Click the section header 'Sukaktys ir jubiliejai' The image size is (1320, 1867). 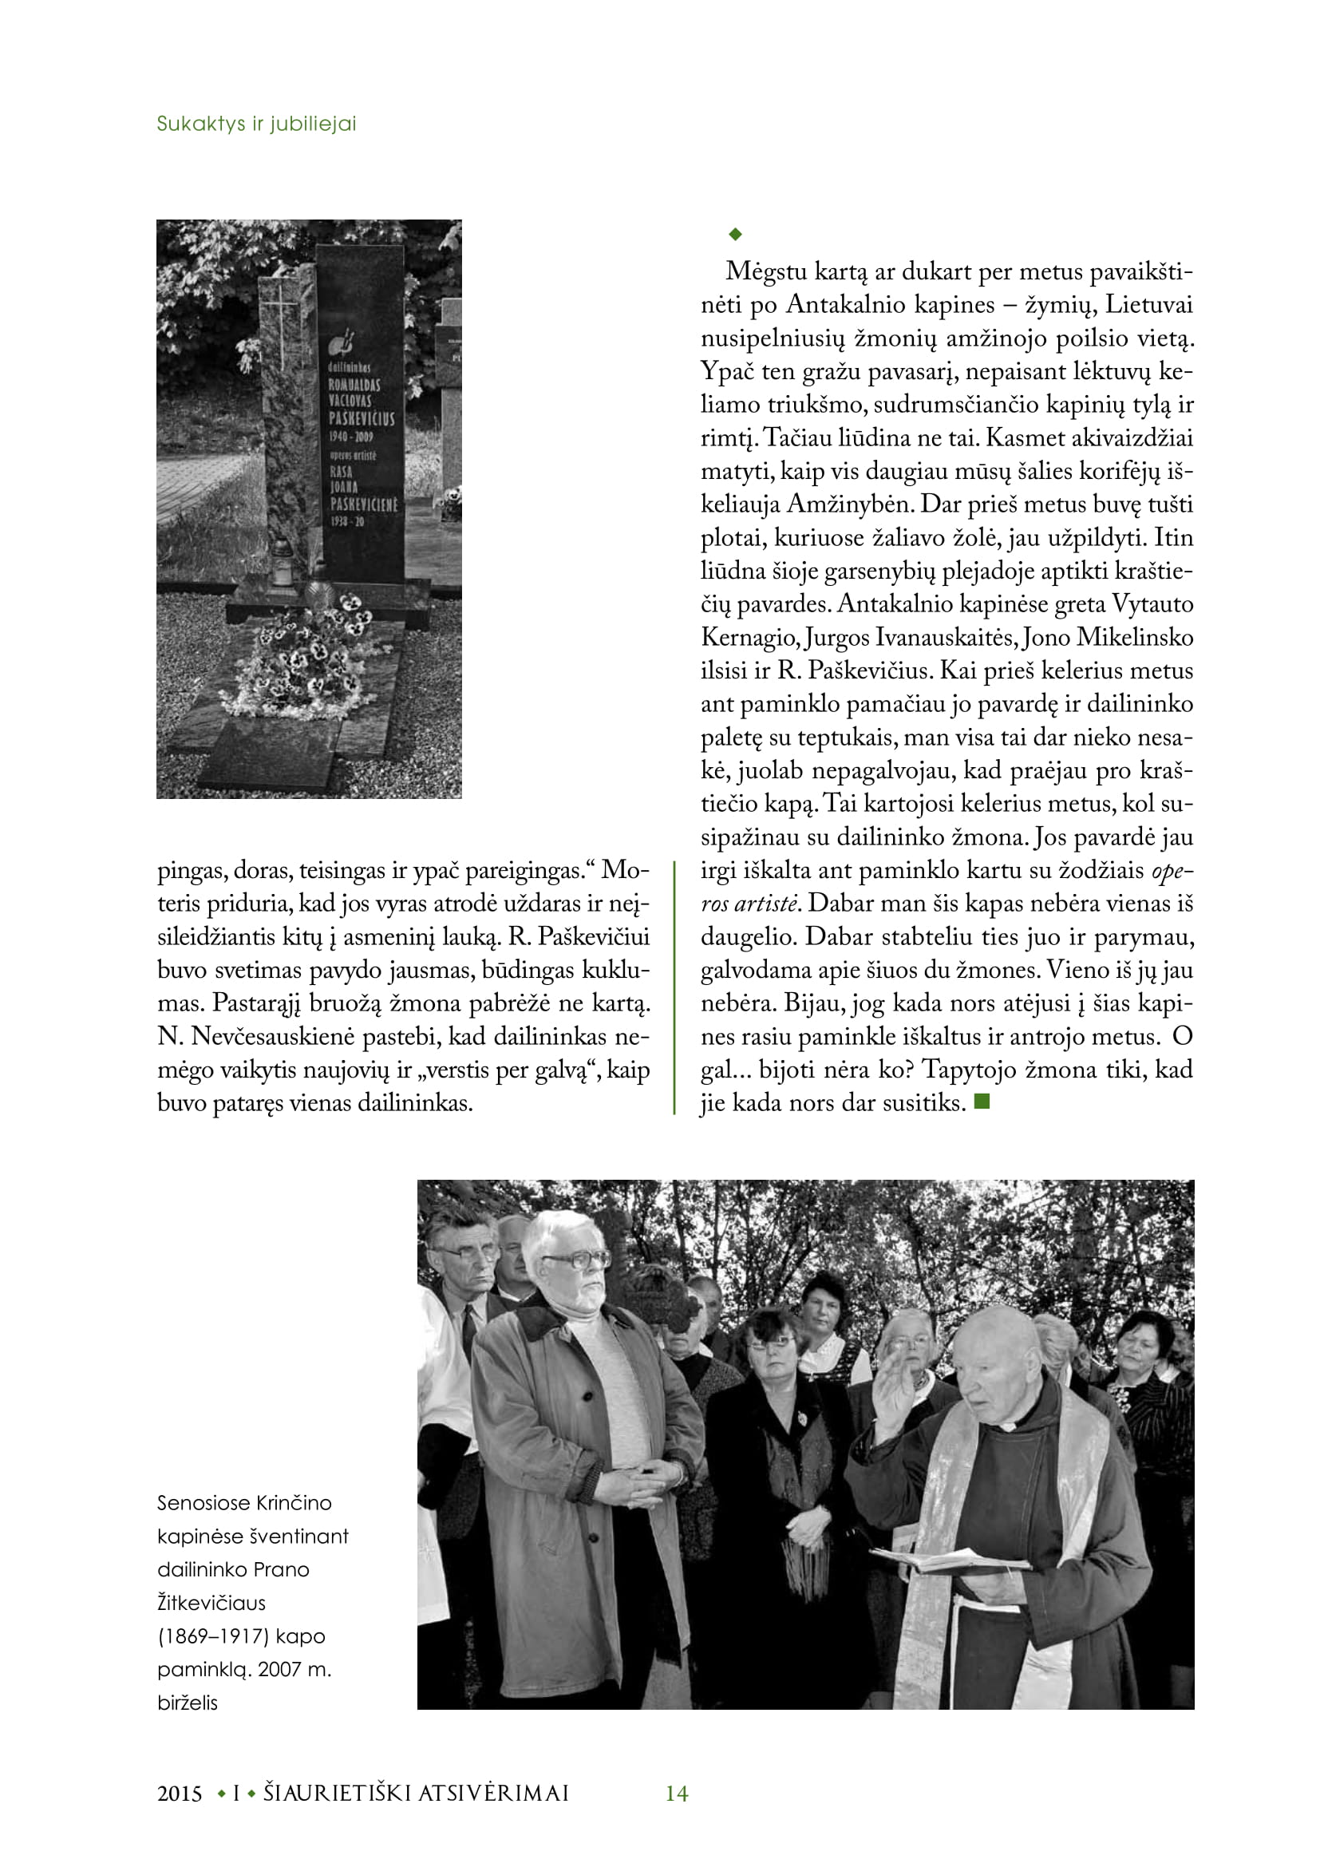256,124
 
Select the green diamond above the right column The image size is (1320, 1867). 736,234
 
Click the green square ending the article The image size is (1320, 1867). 982,1102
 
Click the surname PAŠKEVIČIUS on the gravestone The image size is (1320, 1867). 362,418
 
